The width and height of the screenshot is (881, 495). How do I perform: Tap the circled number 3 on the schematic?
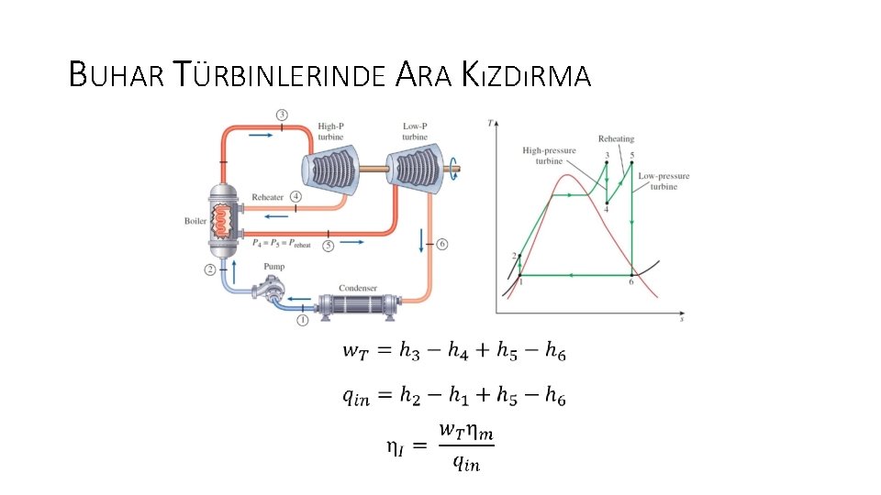282,115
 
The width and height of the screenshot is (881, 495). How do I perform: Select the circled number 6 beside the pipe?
442,244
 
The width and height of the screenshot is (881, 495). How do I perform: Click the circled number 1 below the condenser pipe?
302,320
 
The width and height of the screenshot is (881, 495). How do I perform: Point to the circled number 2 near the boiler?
210,269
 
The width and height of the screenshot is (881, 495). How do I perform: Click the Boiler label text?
195,221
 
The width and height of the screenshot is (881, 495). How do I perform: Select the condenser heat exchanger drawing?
357,305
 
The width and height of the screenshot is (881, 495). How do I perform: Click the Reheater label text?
268,197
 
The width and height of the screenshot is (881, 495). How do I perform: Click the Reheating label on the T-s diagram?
616,139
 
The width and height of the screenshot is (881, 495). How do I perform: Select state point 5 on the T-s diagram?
632,163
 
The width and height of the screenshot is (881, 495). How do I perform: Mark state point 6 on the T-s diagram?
631,274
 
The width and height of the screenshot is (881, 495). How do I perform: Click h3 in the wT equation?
409,349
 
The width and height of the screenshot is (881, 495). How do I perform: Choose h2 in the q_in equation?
408,396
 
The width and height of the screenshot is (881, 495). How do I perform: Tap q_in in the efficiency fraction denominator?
465,462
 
